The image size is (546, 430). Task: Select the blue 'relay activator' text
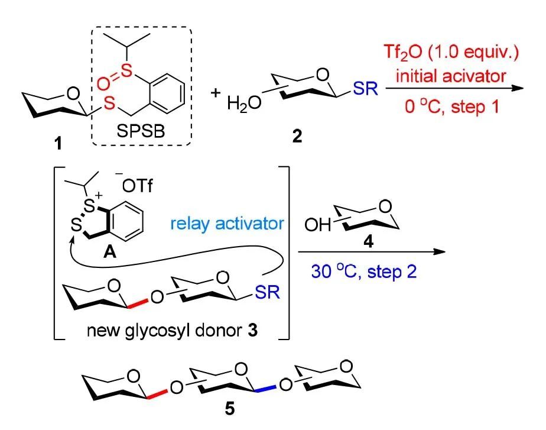coord(221,225)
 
